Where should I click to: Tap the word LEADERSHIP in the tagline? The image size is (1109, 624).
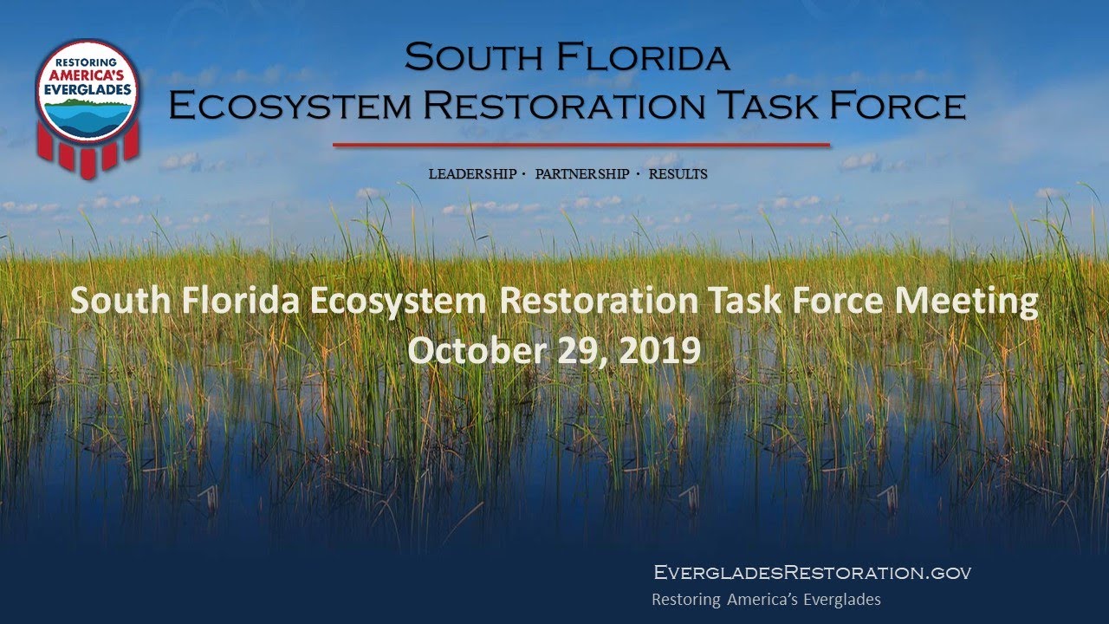[x=472, y=174]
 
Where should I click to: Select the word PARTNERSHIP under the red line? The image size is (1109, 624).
[x=582, y=174]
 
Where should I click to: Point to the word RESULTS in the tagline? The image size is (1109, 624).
[x=678, y=174]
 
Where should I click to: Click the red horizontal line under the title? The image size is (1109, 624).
[x=581, y=145]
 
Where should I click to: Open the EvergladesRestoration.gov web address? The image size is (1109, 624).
[x=813, y=572]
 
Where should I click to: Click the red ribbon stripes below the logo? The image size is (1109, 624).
[x=87, y=156]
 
